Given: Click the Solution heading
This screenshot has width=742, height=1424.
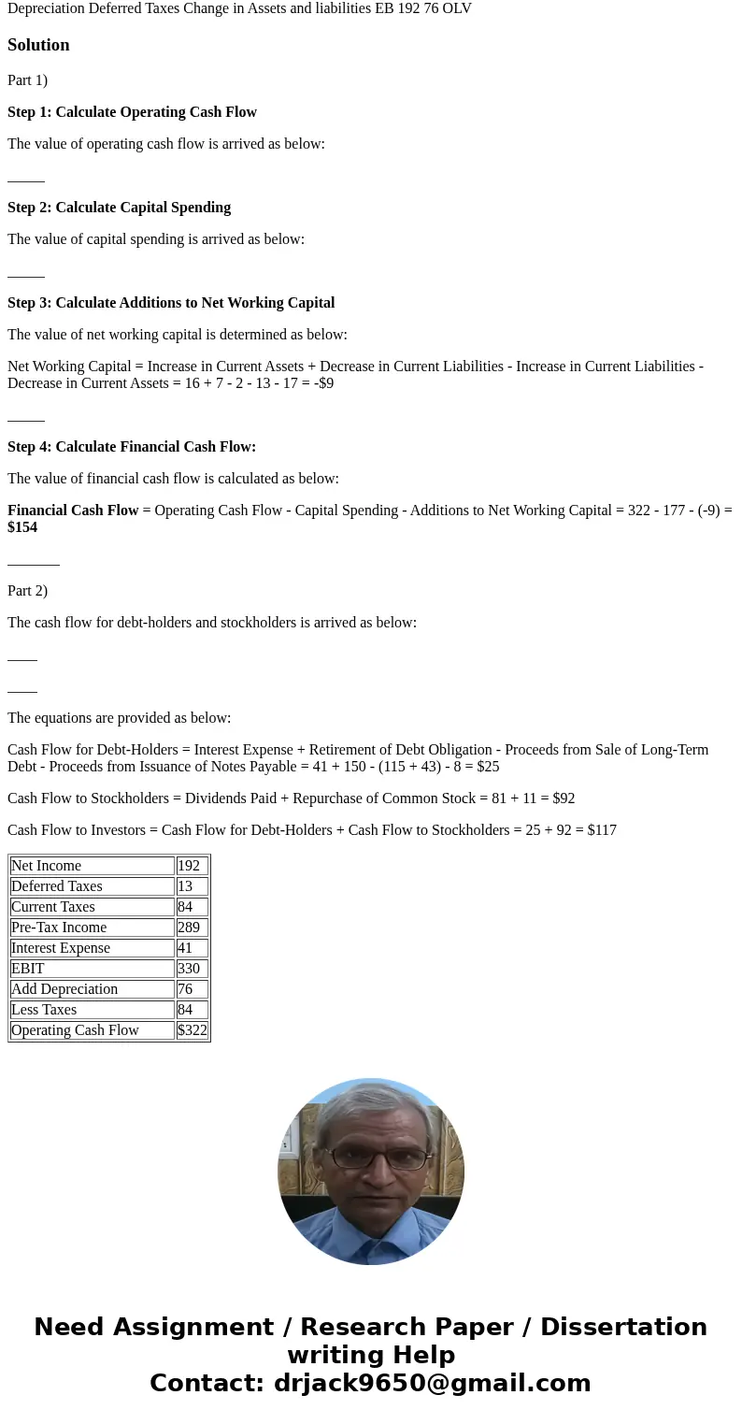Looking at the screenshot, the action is click(38, 45).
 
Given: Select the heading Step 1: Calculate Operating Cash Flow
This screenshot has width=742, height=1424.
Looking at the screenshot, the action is click(132, 112).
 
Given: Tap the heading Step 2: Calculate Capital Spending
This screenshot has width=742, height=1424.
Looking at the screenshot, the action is click(119, 208).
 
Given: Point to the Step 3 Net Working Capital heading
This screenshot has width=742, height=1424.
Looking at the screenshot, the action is click(171, 303).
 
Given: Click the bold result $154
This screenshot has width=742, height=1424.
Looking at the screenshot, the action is click(22, 527).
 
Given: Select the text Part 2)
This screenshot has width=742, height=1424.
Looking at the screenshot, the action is click(27, 591).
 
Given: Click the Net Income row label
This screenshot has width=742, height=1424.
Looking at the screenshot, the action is click(47, 866).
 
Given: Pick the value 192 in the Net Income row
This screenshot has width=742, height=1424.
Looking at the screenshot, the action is click(188, 866).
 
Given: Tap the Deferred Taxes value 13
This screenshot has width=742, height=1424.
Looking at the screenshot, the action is click(184, 886).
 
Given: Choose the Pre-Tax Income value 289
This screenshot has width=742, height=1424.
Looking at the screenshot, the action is click(188, 928).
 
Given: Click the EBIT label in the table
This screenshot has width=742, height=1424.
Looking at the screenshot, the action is click(28, 969).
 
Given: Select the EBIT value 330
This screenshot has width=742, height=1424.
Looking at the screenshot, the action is click(188, 969).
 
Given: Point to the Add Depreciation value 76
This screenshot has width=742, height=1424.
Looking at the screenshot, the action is click(184, 989).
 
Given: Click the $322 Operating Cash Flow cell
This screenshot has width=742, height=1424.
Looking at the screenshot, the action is click(192, 1030).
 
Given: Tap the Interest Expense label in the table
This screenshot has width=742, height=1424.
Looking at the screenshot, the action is click(61, 948).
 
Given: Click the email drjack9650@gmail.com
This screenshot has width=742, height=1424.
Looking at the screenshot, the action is click(432, 1384).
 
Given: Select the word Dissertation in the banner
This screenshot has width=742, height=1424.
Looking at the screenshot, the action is click(623, 1328).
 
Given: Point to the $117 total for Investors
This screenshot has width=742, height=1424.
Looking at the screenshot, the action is click(602, 830).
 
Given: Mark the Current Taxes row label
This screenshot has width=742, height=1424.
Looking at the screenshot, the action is click(53, 907).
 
